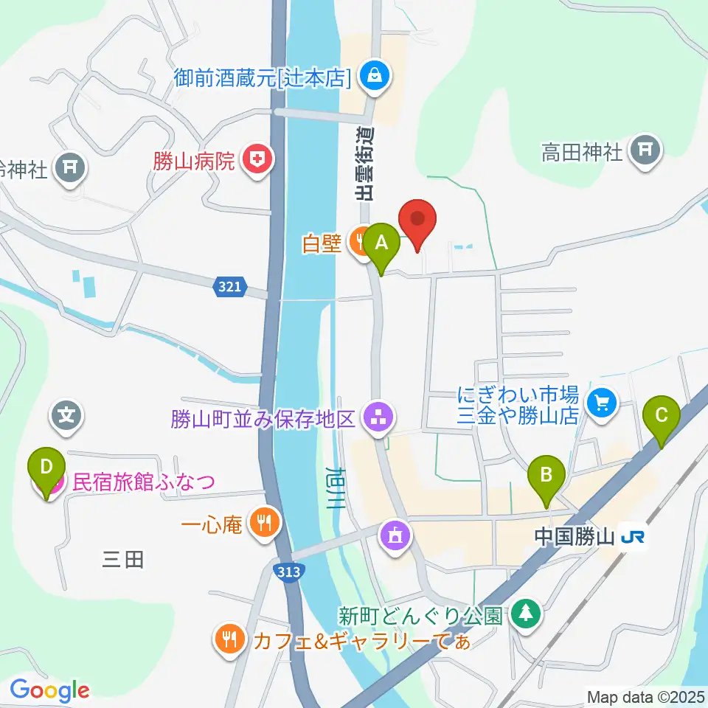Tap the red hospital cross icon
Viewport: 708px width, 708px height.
tap(257, 159)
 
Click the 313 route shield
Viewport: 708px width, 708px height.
tap(288, 572)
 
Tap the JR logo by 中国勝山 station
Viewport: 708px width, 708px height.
tap(635, 536)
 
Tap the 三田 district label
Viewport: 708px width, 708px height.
tap(122, 560)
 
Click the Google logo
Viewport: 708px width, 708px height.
tap(49, 690)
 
